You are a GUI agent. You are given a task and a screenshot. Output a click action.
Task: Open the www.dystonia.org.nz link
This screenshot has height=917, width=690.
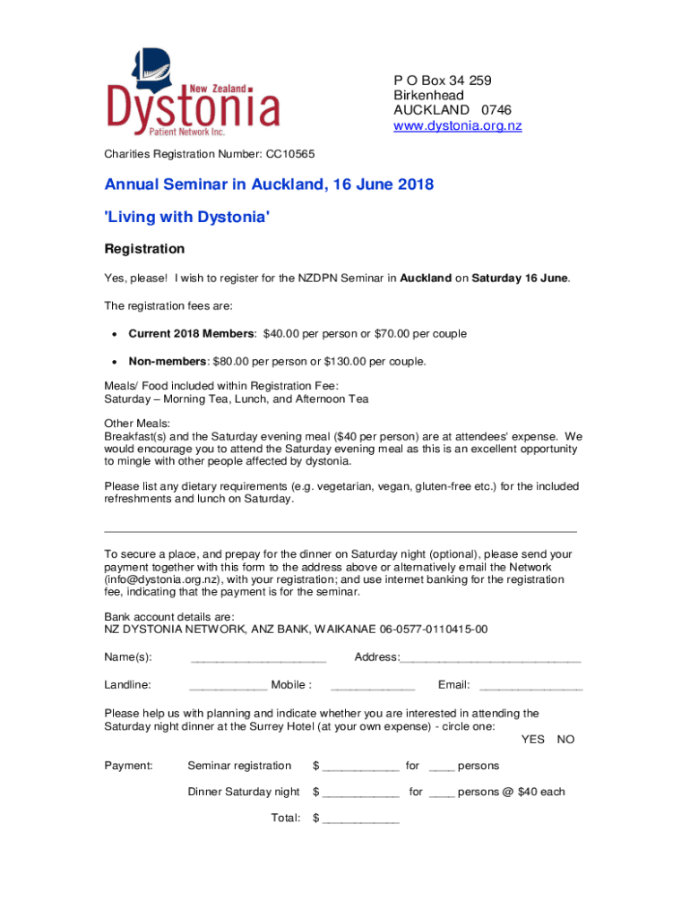[x=457, y=125]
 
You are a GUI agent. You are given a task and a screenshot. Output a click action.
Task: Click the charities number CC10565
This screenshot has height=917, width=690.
[x=288, y=154]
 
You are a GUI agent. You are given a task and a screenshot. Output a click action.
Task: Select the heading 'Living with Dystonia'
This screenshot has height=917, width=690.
[x=186, y=217]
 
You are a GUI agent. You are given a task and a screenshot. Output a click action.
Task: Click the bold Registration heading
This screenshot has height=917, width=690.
[x=144, y=248]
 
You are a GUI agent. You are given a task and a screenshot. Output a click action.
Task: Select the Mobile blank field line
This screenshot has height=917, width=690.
[x=373, y=688]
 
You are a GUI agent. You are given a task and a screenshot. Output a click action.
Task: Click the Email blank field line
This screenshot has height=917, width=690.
[x=531, y=688]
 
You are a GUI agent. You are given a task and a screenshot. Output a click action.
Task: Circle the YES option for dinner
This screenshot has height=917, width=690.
[x=533, y=740]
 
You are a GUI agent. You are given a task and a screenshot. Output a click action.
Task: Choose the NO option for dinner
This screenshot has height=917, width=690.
[x=565, y=740]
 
